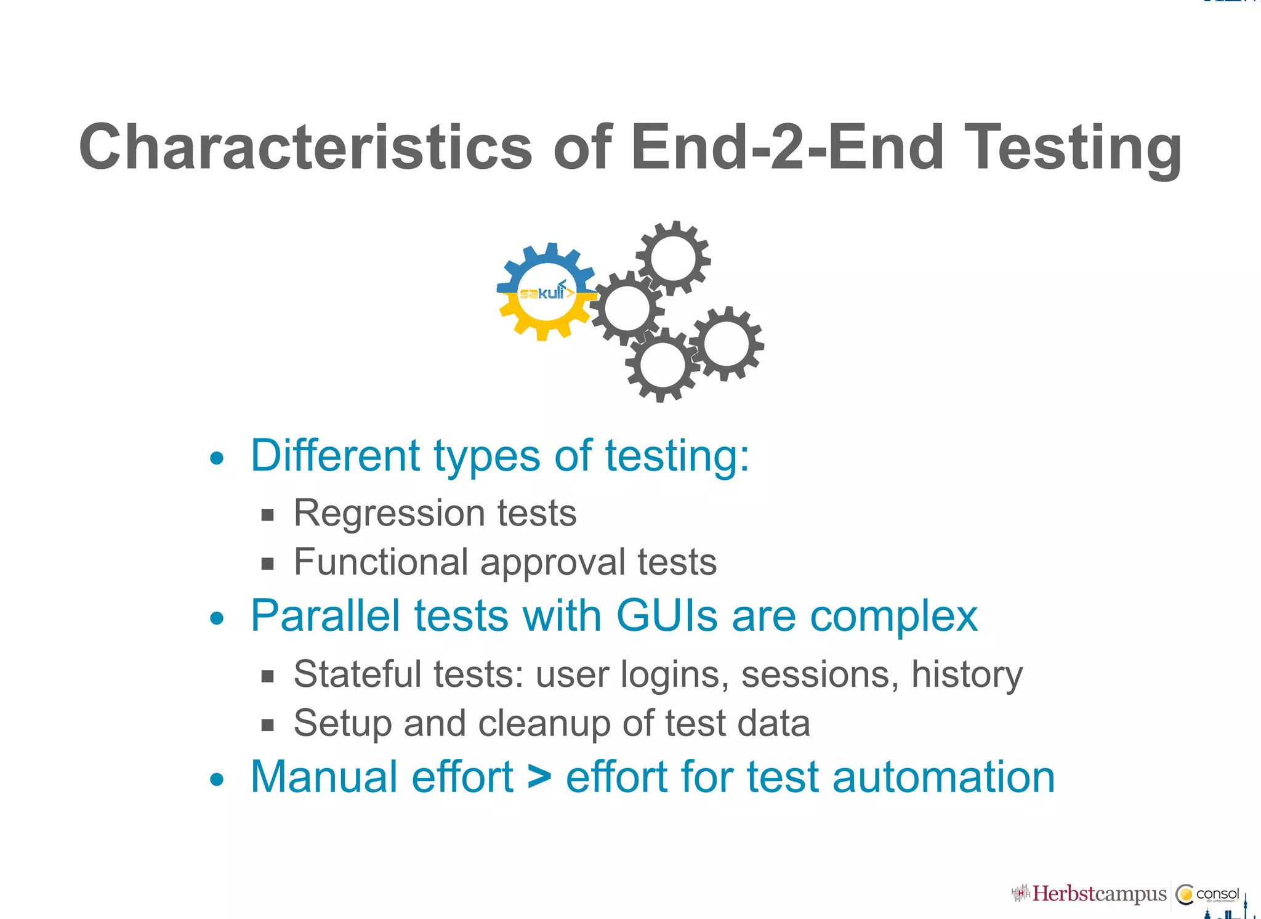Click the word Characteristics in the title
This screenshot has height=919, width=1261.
click(305, 147)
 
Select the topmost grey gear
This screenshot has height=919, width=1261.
click(673, 258)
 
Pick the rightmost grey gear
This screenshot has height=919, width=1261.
click(727, 344)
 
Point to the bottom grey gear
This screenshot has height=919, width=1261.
click(662, 365)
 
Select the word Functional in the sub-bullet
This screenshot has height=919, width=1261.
click(381, 562)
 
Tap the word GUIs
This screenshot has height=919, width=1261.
click(666, 615)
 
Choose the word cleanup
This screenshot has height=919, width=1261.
click(544, 724)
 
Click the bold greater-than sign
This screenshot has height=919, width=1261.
click(539, 777)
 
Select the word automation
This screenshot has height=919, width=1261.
click(943, 777)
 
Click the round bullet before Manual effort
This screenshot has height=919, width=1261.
click(217, 780)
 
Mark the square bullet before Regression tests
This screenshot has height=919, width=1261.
click(267, 515)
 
